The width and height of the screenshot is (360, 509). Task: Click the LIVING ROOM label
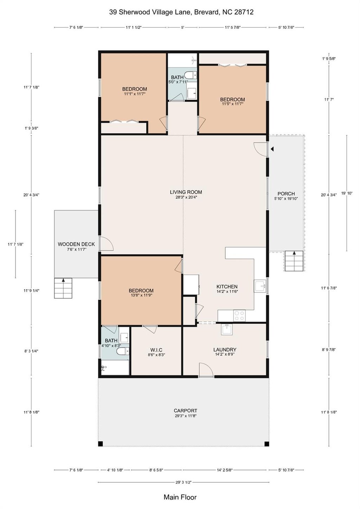point(186,192)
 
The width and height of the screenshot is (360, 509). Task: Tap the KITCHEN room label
point(227,286)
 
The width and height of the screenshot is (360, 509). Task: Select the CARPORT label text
point(186,411)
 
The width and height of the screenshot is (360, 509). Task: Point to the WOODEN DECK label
point(76,244)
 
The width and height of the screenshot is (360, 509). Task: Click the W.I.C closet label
point(156,350)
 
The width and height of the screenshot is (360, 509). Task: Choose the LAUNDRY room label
point(225,350)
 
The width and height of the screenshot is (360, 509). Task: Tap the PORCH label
point(286,194)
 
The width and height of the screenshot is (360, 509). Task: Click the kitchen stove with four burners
point(239,316)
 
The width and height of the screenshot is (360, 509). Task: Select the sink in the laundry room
point(227,329)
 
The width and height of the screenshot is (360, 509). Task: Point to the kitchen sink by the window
point(260,286)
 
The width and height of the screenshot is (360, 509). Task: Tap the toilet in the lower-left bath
point(123,351)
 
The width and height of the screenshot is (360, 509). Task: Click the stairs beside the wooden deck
point(63,288)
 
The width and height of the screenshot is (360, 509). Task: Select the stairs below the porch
point(294,261)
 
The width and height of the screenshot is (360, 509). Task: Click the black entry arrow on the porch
point(272,149)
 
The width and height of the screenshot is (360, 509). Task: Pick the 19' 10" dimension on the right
point(347,193)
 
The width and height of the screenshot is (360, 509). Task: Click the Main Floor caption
point(180,497)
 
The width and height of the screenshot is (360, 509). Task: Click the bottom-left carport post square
point(101,444)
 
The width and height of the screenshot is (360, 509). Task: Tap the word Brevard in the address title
point(207,12)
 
